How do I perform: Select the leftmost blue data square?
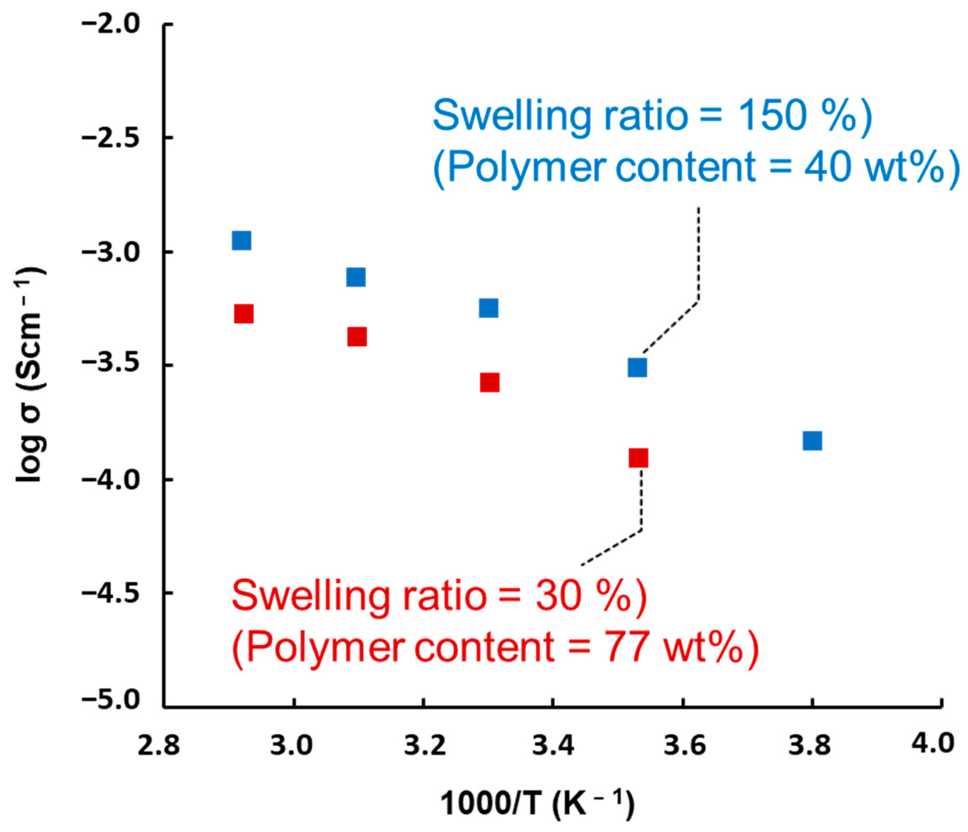click(x=241, y=241)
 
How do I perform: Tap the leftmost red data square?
click(x=243, y=314)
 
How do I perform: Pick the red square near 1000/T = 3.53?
click(x=639, y=458)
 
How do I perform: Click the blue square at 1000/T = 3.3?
click(x=489, y=308)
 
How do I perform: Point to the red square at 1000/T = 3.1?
click(x=357, y=336)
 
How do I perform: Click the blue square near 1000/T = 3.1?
click(x=356, y=277)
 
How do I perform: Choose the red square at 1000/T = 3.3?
click(x=490, y=382)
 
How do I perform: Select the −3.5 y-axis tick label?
click(x=111, y=366)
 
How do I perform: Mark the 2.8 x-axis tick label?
click(x=158, y=746)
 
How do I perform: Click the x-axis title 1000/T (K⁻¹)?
click(x=538, y=804)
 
